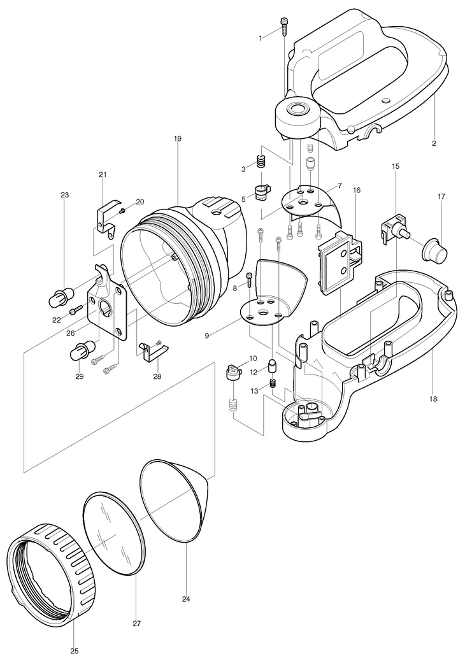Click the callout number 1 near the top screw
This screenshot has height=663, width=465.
pos(260,39)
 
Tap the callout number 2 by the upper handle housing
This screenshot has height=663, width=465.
pos(434,143)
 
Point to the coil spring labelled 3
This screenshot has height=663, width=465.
pos(260,162)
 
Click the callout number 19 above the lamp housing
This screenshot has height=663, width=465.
pos(177,138)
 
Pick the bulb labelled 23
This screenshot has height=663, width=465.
pos(59,297)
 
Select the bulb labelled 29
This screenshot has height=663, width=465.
pos(83,350)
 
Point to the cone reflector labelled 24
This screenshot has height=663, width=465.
pos(175,500)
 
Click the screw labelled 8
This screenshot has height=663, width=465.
pos(249,278)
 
